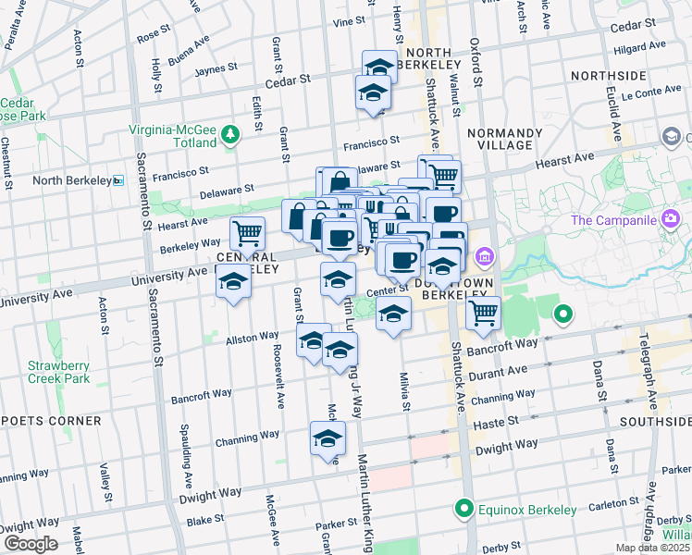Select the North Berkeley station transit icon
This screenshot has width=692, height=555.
118,180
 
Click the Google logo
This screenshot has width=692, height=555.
31,544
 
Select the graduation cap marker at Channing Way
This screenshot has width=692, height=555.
327,439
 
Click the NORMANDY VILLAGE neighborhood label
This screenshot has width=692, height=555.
500,139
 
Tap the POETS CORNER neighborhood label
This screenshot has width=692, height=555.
51,421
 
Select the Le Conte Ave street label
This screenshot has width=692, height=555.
651,93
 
